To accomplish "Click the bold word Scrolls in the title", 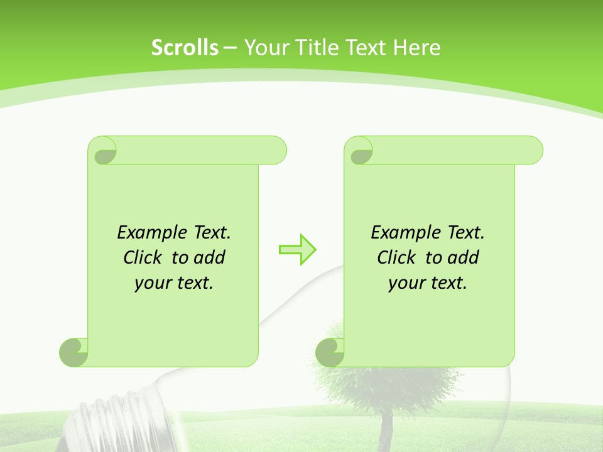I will tap(185, 47).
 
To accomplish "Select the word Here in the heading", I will tap(416, 47).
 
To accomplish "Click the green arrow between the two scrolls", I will tap(297, 249).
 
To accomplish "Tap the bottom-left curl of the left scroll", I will tap(73, 353).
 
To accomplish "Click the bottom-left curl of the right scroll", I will tap(330, 353).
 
